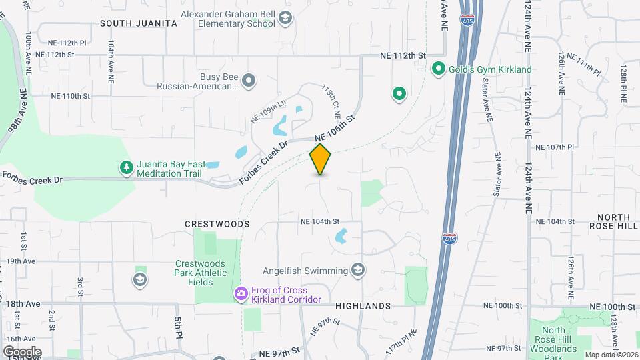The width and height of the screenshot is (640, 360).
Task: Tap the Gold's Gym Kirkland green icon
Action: [439, 69]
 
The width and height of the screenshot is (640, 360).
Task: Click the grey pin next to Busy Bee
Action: [249, 81]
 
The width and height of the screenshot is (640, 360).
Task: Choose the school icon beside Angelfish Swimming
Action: [358, 270]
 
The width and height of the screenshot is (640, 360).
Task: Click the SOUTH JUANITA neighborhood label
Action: [139, 23]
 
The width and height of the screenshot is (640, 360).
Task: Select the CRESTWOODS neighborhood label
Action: [218, 225]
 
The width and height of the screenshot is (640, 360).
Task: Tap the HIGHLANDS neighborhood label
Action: [363, 305]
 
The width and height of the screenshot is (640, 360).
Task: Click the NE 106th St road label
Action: [333, 129]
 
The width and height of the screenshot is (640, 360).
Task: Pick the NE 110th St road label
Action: [70, 96]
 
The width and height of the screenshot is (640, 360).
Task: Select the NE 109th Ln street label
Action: [268, 111]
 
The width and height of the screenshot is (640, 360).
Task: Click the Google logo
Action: [22, 351]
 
